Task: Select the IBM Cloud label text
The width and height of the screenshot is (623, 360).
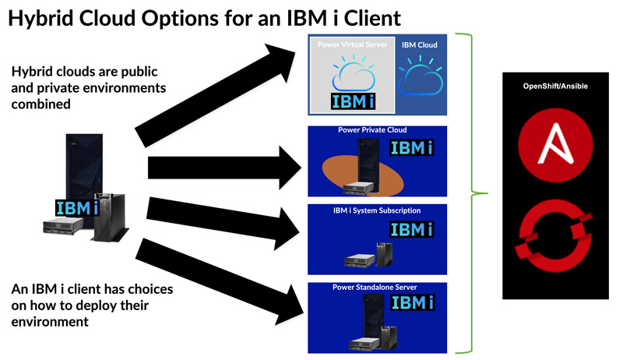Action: pyautogui.click(x=420, y=45)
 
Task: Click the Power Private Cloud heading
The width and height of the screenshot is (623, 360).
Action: pyautogui.click(x=373, y=131)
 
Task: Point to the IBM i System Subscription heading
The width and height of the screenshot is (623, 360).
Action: pyautogui.click(x=376, y=210)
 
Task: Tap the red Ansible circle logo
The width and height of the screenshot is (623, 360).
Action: pyautogui.click(x=554, y=143)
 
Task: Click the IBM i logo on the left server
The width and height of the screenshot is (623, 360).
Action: pyautogui.click(x=77, y=208)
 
